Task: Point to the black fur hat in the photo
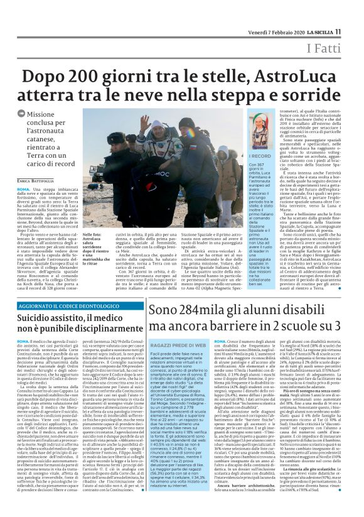[x=116, y=138]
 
